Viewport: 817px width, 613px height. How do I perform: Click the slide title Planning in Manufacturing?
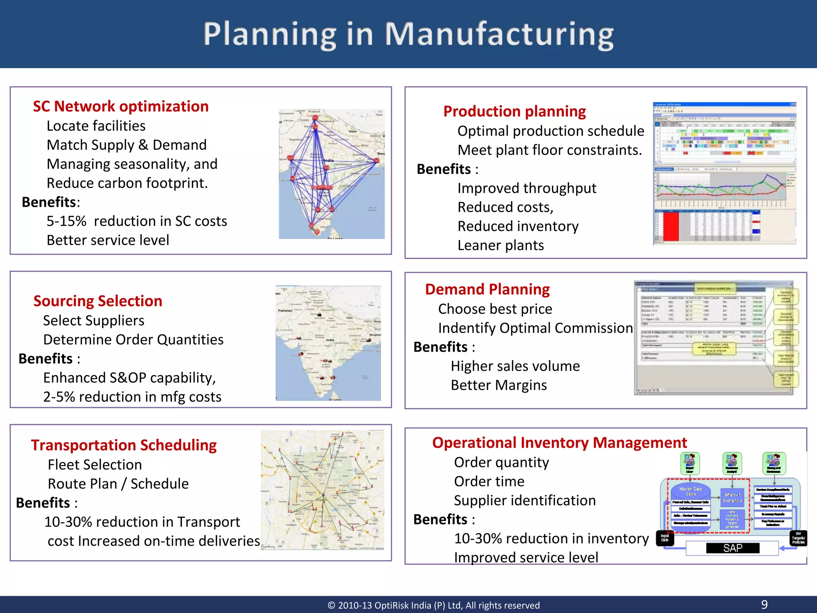tap(408, 35)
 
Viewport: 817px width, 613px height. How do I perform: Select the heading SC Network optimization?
tap(120, 107)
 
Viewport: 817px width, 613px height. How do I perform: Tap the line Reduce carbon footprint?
tap(127, 183)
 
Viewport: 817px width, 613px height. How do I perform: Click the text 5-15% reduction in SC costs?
tap(137, 221)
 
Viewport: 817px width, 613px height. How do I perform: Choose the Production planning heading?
tap(515, 111)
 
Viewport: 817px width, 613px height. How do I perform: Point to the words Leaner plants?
tap(501, 245)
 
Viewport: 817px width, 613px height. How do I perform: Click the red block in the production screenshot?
tap(671, 226)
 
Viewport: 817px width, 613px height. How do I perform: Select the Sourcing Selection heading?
tap(98, 301)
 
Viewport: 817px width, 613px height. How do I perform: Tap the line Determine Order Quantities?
tap(133, 340)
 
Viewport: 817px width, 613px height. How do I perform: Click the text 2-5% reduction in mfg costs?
tap(132, 397)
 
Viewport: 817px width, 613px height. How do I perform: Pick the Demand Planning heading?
tap(487, 289)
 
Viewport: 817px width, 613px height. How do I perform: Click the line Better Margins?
tap(499, 386)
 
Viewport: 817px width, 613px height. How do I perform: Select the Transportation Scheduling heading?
tap(124, 445)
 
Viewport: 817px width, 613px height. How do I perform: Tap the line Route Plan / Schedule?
tap(118, 484)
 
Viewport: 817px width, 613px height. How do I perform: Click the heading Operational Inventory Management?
tap(559, 443)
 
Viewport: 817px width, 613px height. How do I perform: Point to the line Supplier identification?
tap(525, 500)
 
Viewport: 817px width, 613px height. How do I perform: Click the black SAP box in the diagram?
tap(732, 548)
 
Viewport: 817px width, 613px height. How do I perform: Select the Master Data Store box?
tap(691, 491)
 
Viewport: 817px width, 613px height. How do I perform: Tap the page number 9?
tap(764, 604)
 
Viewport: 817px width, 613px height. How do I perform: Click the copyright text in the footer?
tap(434, 605)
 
